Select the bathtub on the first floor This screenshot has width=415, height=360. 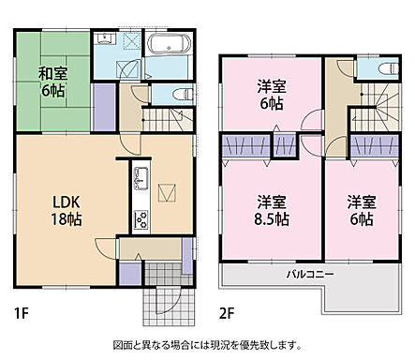171,47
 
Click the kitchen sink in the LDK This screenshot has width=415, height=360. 141,178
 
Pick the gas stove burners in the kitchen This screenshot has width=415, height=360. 141,220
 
